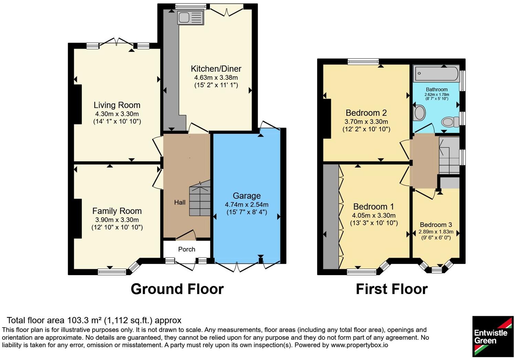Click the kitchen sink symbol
tap(190, 17)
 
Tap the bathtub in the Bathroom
tap(436, 73)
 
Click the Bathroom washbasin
tap(419, 112)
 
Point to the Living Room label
tap(117, 105)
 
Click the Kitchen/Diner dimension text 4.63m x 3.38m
tap(216, 77)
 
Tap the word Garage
tap(247, 196)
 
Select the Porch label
tap(187, 249)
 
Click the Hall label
tap(180, 203)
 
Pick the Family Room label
tap(117, 211)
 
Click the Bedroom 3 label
tap(436, 225)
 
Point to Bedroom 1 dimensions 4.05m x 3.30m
tap(374, 216)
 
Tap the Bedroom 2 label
tap(366, 113)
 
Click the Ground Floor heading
tap(177, 289)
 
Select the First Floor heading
tap(392, 289)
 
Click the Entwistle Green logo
tap(493, 336)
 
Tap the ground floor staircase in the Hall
tap(200, 198)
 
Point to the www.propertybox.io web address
tap(360, 345)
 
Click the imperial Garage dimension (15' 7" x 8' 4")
tap(247, 212)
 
